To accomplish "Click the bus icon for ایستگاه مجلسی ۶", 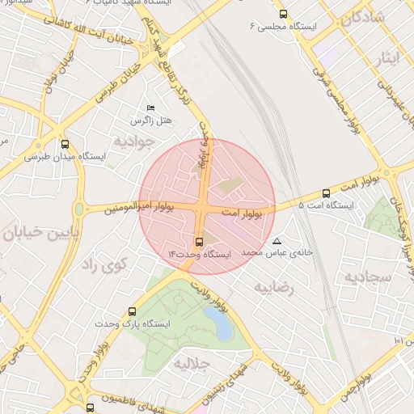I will point(282,14).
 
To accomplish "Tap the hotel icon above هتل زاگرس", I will point(150,108).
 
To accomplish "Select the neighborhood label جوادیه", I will point(132,142).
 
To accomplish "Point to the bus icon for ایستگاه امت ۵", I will point(326,193).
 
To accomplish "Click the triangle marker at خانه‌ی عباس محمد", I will point(277,241).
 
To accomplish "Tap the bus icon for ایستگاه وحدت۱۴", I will point(199,242).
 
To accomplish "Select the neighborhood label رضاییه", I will point(272,286).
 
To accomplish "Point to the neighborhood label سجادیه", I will point(368,277).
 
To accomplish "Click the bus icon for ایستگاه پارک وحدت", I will point(133,310).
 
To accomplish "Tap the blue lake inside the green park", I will point(218,323).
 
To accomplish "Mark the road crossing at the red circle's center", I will point(207,206).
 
